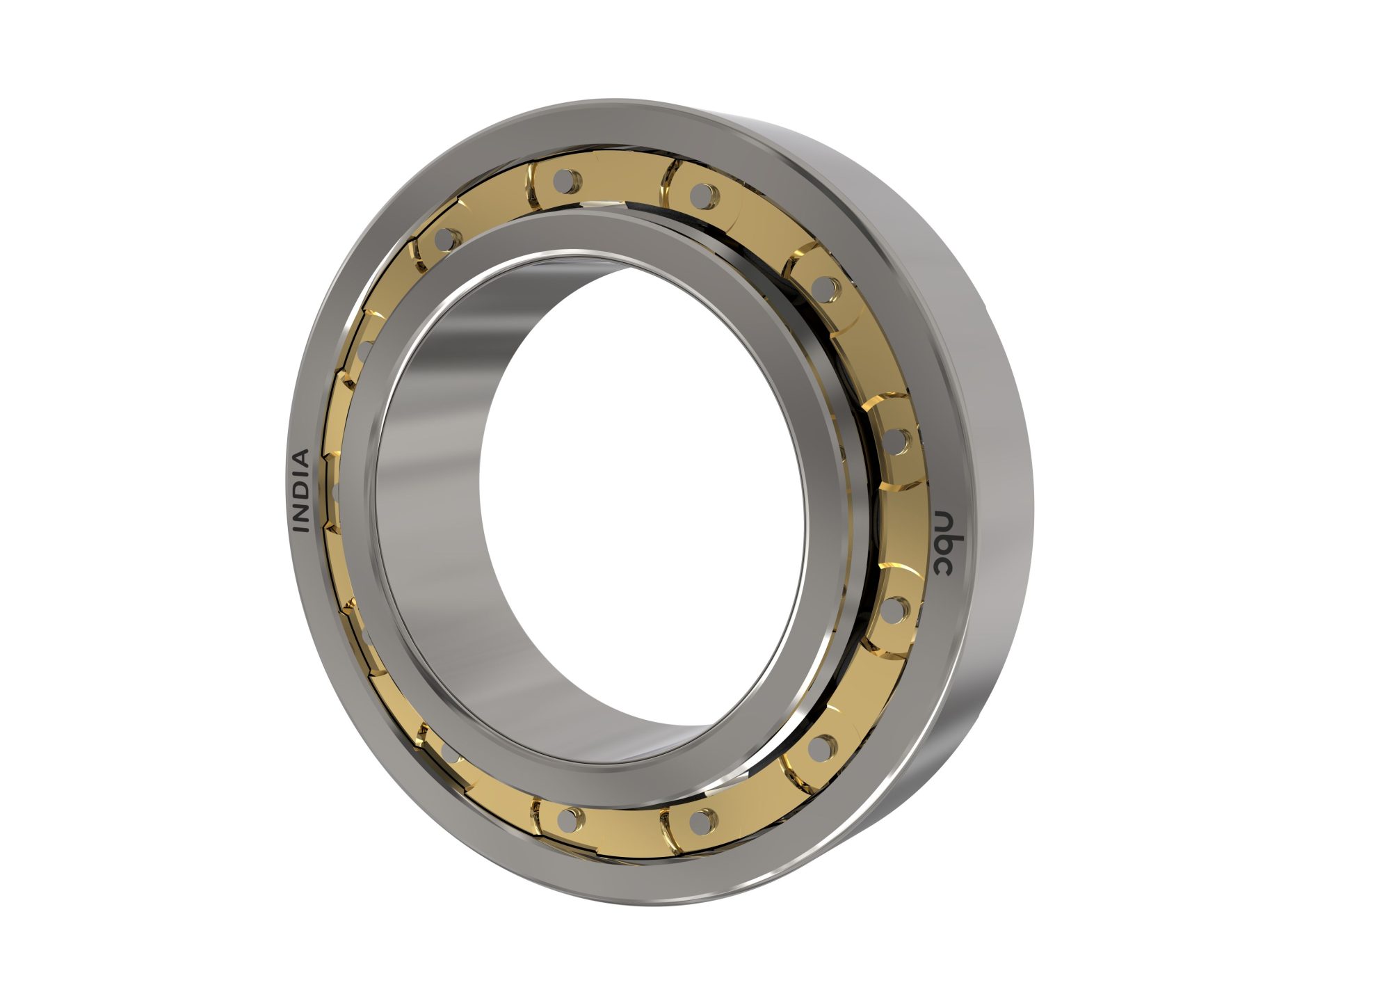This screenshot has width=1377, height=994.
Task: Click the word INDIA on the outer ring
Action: (300, 491)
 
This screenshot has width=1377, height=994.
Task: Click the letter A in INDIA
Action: (301, 458)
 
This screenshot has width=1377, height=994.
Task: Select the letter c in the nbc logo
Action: (944, 567)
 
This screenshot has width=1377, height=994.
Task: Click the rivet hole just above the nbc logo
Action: (896, 440)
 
